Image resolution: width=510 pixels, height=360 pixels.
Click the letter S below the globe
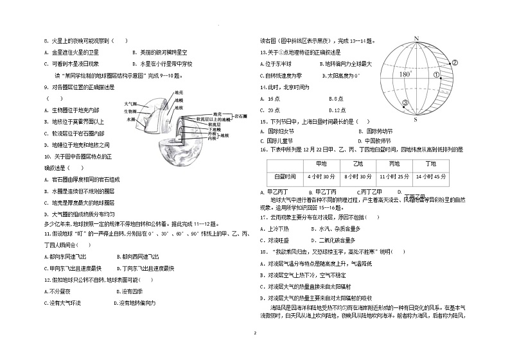415,119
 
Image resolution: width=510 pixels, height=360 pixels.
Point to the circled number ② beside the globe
454,63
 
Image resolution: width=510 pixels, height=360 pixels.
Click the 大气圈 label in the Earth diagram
130,103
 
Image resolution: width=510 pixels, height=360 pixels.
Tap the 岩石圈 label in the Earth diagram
241,116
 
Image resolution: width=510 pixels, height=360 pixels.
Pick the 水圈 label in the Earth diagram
131,119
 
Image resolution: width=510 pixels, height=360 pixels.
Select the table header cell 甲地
318,164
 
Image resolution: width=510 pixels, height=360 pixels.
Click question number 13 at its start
263,52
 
